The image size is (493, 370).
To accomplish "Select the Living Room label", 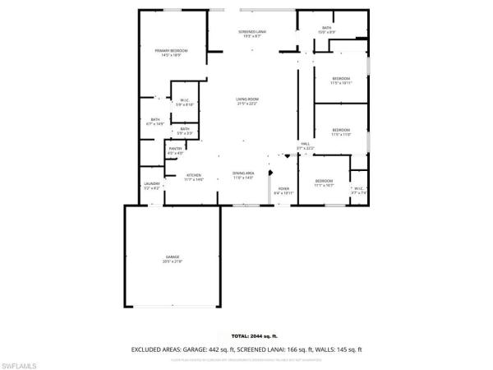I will click(x=247, y=101).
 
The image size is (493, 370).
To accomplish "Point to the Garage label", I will click(x=172, y=259).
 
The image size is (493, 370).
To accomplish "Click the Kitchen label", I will click(x=193, y=176).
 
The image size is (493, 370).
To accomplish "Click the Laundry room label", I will click(x=151, y=185).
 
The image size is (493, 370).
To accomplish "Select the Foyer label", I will click(x=283, y=190).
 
